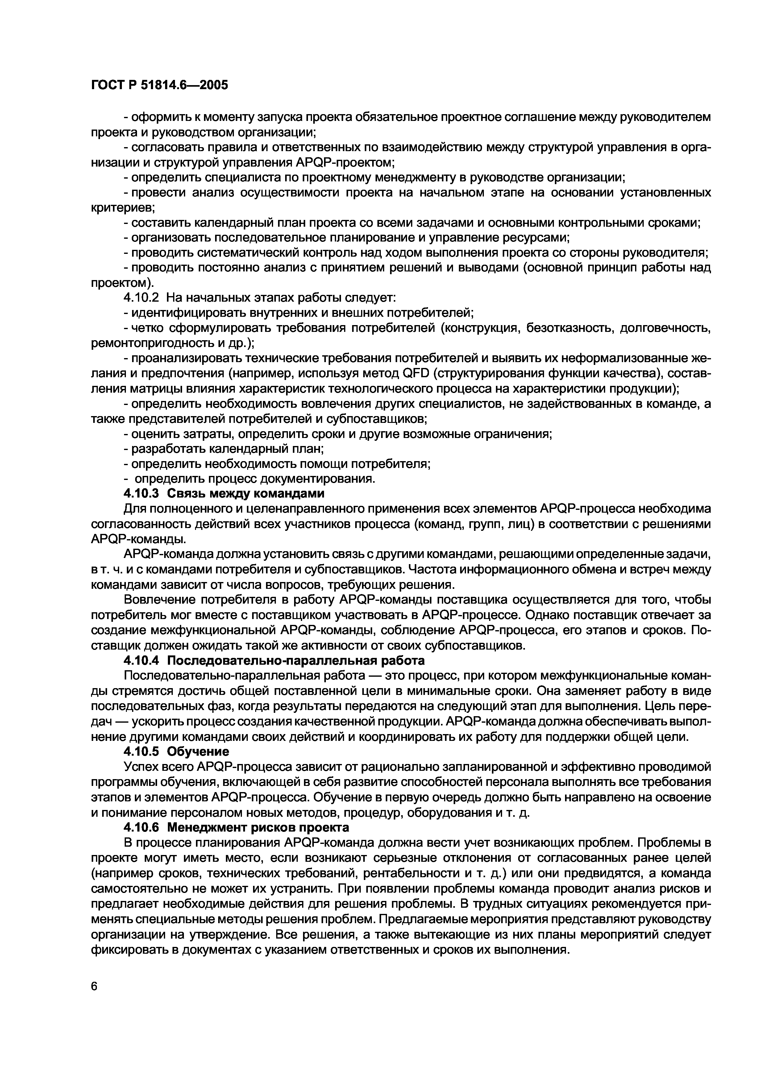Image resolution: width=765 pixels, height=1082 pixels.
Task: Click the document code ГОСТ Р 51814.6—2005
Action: click(x=159, y=85)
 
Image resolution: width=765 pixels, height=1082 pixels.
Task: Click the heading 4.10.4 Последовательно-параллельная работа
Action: click(x=274, y=660)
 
